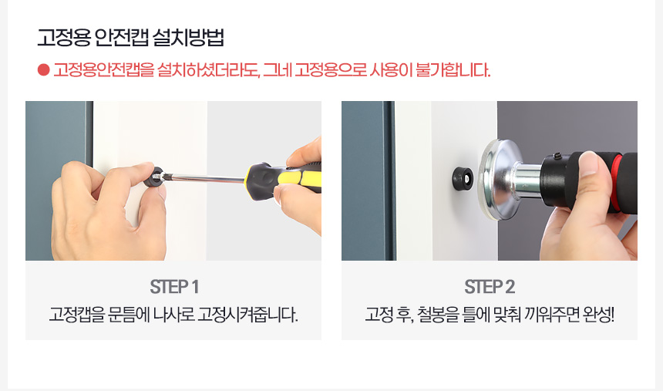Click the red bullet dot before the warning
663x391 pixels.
point(43,70)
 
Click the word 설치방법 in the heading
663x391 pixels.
point(188,38)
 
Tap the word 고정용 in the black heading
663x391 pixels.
point(63,38)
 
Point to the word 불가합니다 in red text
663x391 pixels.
point(453,70)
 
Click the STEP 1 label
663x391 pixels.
point(174,287)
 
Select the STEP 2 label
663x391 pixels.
point(490,287)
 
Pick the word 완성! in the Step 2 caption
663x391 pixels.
point(599,315)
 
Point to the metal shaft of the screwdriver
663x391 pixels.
point(205,178)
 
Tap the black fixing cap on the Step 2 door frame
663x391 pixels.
point(463,178)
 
